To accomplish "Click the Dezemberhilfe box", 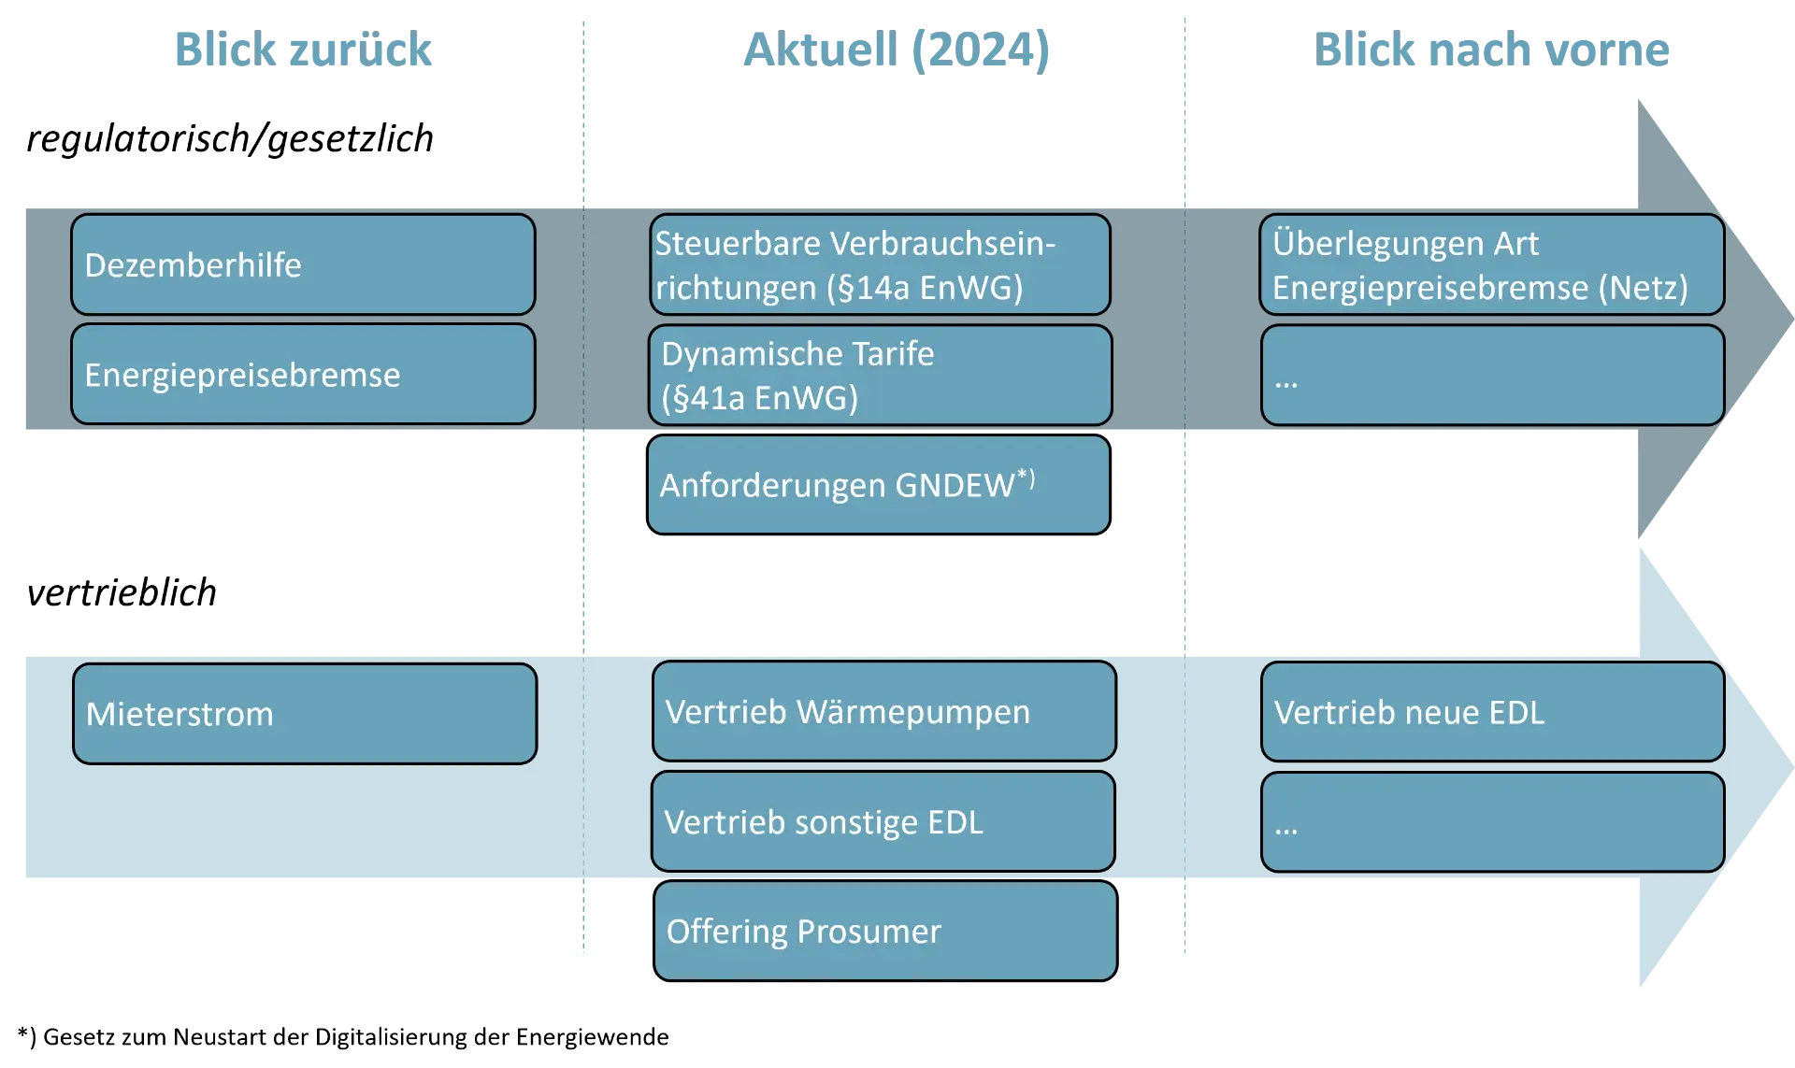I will [x=303, y=264].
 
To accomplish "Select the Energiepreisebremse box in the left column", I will [x=303, y=375].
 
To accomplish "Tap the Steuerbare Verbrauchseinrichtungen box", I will [x=880, y=264].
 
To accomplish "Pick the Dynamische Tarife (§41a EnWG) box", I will [x=880, y=375].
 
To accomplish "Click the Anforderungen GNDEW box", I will [x=879, y=485].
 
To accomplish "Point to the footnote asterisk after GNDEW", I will [x=1026, y=477].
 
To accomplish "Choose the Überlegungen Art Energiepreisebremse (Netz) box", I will [x=1492, y=264].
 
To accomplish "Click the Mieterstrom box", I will [x=305, y=714].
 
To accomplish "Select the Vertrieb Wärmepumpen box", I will [x=884, y=711].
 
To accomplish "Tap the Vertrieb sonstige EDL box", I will [x=883, y=821].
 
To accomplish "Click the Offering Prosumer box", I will [x=885, y=932].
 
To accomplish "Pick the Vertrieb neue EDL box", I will [x=1492, y=712].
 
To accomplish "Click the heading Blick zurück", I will [x=303, y=49].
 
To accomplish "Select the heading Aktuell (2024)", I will [x=897, y=49].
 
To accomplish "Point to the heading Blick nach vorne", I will [x=1493, y=49].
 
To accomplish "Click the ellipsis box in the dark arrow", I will [x=1492, y=376].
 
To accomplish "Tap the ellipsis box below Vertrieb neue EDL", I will [x=1492, y=822].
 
